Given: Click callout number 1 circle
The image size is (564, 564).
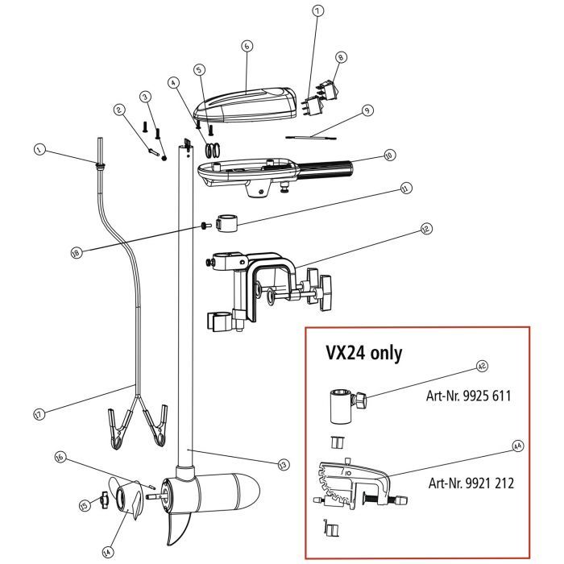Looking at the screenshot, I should (x=38, y=149).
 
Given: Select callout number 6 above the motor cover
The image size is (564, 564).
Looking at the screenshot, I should (x=247, y=47).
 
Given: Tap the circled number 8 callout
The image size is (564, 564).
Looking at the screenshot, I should (x=342, y=57).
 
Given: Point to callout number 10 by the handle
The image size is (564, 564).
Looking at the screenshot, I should (x=389, y=156).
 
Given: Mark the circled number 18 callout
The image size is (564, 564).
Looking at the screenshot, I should (x=77, y=252).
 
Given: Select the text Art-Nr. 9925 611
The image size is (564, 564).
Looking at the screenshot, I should (x=469, y=396).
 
